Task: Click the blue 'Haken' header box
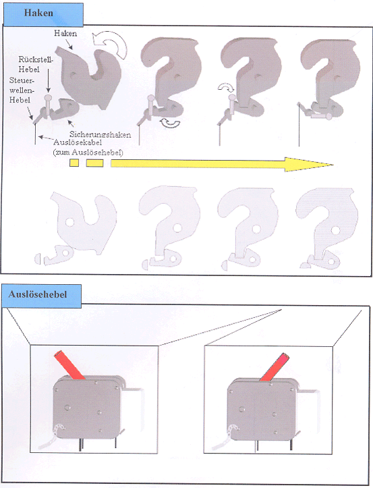point(43,14)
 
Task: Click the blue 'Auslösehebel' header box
point(41,296)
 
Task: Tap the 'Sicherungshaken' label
point(100,134)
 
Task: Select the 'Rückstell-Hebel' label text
point(34,64)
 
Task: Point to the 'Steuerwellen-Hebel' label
point(21,90)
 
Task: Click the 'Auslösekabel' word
point(78,142)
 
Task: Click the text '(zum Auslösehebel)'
point(88,153)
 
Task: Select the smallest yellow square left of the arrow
point(74,163)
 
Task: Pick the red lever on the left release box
point(69,364)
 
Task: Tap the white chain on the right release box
point(224,438)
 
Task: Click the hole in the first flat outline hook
point(69,222)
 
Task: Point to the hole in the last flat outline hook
point(335,231)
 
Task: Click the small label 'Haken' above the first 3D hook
point(65,33)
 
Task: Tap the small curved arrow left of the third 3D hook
point(225,88)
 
